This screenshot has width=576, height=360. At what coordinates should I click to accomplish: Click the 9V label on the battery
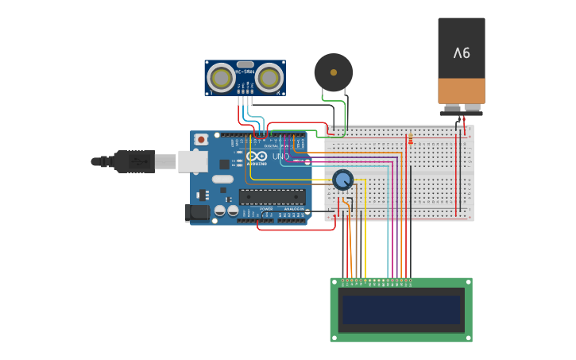462,53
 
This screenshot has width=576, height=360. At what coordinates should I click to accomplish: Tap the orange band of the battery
462,91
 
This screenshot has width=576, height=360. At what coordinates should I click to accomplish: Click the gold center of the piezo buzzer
334,72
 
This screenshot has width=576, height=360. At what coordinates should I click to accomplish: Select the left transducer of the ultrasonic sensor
221,78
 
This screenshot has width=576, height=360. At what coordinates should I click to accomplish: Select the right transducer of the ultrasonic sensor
269,78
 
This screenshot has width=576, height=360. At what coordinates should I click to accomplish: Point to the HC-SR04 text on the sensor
245,72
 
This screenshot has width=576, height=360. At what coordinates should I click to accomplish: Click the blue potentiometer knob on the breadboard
342,180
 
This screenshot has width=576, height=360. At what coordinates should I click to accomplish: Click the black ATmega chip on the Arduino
273,196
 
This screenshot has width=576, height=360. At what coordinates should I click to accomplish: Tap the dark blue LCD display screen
401,310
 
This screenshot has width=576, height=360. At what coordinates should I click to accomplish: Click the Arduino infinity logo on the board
257,157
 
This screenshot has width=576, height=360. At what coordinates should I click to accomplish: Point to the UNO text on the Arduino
281,157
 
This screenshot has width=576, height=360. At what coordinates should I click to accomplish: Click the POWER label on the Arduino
266,208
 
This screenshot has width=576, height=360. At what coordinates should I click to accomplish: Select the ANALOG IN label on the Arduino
292,208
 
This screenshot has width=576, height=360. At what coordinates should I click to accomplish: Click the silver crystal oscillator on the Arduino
223,179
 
